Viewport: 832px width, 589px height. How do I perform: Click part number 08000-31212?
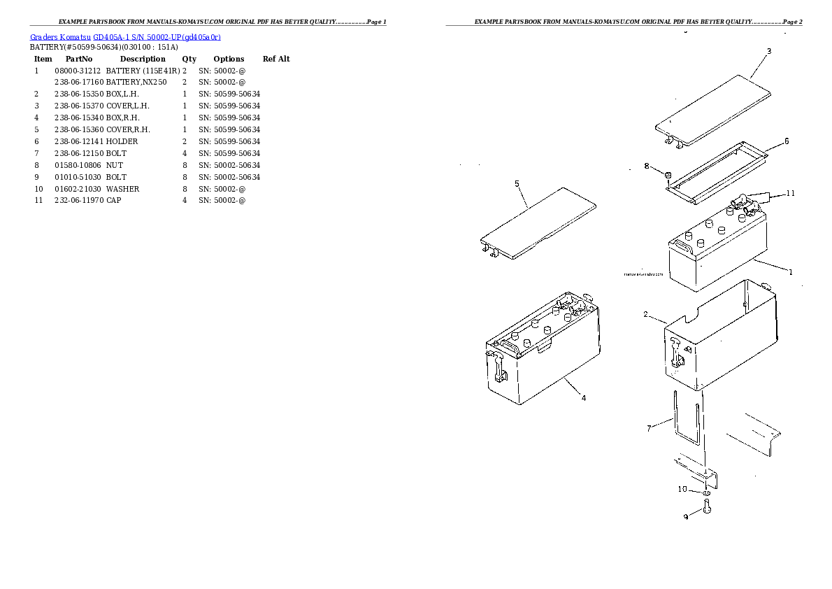(78, 71)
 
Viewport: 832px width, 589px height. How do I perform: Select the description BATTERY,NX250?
(136, 83)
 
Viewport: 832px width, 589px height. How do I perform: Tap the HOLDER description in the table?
(122, 141)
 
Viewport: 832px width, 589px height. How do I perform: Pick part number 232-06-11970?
(78, 201)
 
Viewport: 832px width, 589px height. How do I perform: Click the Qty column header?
(189, 59)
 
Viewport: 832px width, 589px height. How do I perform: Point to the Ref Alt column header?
(276, 59)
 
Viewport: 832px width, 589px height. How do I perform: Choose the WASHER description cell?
(122, 189)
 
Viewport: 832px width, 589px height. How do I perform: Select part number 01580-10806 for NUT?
(78, 165)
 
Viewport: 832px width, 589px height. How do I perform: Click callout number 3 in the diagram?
(769, 51)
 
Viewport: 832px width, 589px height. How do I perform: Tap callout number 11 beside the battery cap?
(791, 193)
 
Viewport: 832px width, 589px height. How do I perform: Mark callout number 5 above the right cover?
(517, 184)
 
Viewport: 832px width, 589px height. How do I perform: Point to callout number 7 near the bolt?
(649, 428)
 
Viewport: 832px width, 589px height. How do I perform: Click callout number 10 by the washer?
(682, 490)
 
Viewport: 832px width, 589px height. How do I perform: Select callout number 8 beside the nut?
(647, 166)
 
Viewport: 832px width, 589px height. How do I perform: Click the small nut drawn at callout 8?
(668, 174)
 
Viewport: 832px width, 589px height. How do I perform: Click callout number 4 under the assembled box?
(583, 399)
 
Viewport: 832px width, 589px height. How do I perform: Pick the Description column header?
(142, 59)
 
